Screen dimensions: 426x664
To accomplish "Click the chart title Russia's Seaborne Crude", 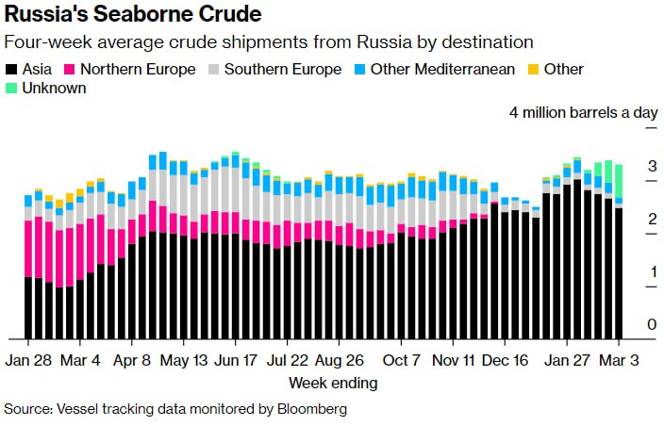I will (133, 16).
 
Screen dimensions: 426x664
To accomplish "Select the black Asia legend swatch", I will (12, 70).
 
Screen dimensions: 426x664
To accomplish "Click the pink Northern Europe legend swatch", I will (70, 70).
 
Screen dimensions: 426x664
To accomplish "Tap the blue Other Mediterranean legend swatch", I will (360, 70).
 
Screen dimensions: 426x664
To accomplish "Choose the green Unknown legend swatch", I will (12, 88).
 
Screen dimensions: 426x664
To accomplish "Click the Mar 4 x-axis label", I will (81, 361).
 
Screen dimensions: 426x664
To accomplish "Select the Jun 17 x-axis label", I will (237, 361).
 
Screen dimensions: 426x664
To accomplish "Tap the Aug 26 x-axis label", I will (340, 361).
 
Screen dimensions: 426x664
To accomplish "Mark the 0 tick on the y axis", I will (652, 325).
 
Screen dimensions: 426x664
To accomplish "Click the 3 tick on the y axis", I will (652, 167).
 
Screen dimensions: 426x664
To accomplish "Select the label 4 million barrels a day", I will (583, 112).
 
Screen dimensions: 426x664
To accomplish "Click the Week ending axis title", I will (333, 383).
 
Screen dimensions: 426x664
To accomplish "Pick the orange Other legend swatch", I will (533, 70).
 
